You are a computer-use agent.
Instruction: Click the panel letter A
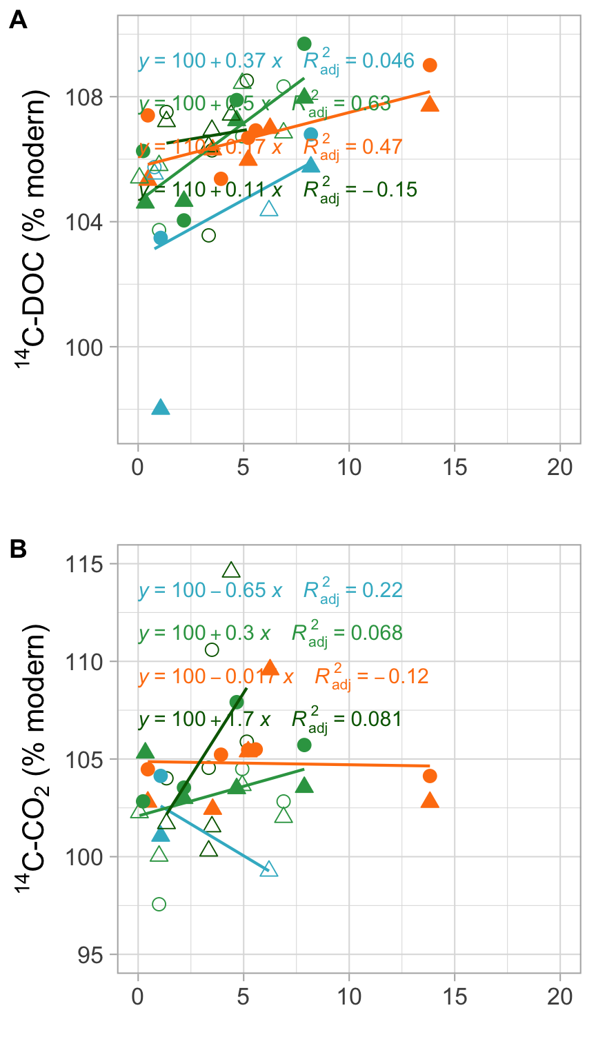[18, 21]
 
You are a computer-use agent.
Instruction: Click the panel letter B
[18, 549]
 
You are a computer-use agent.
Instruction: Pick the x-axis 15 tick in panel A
[455, 467]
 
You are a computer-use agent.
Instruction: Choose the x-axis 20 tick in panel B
[560, 997]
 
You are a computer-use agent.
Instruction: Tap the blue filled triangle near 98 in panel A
[161, 407]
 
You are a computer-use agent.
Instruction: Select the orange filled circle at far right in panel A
[430, 65]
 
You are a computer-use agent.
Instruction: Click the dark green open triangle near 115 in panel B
[231, 570]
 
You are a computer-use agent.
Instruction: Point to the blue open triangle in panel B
[269, 869]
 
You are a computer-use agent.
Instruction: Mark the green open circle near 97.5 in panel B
[159, 904]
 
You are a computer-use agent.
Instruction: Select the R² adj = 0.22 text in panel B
[352, 591]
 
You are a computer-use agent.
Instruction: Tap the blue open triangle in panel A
[269, 209]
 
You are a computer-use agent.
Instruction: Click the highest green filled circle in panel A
[304, 44]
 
